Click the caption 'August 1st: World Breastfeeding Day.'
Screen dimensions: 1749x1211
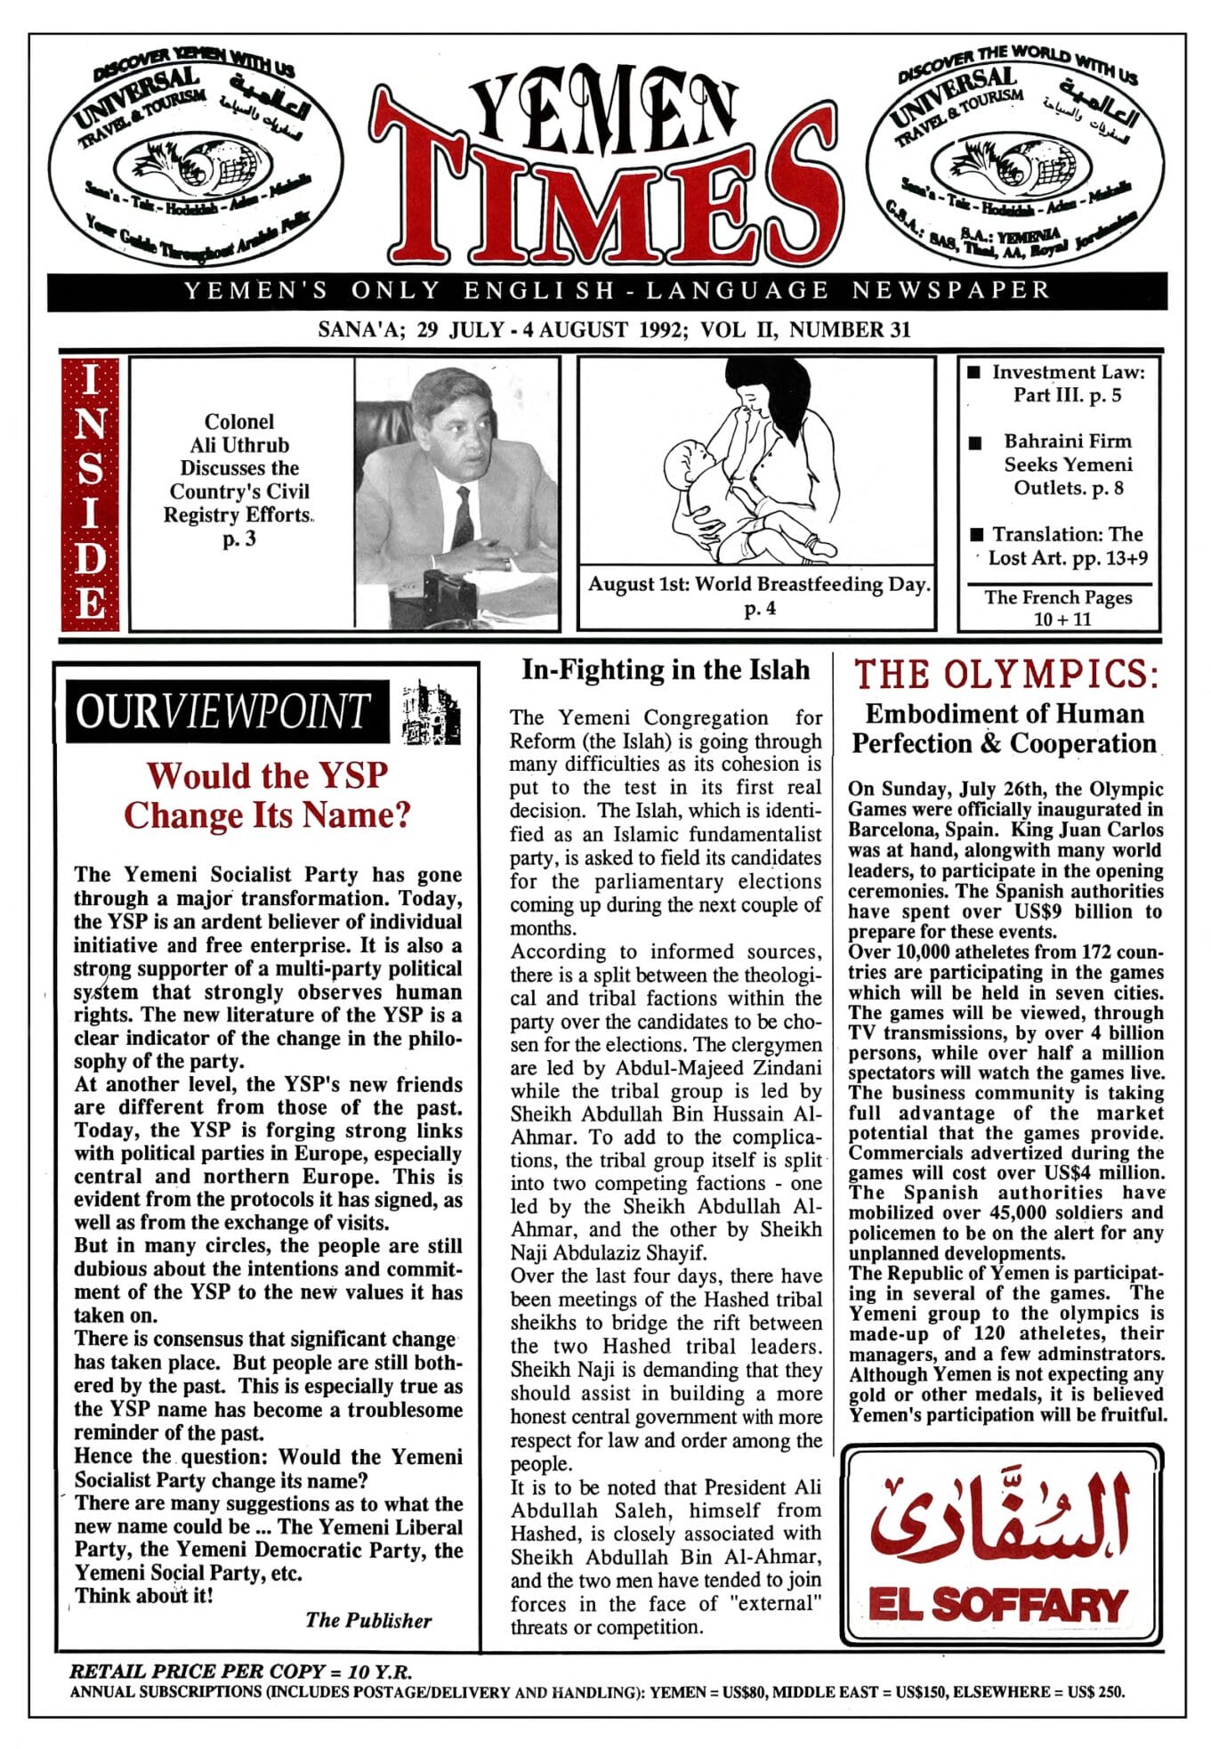(x=758, y=585)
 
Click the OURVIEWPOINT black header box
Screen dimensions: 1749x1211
(x=228, y=711)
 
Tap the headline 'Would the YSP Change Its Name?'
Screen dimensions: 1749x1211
(x=267, y=795)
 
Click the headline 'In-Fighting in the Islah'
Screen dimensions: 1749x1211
(x=666, y=669)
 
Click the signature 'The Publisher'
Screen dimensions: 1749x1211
(x=368, y=1621)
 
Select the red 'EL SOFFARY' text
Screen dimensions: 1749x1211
(x=998, y=1606)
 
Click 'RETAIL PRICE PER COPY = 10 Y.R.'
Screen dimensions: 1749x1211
(x=240, y=1672)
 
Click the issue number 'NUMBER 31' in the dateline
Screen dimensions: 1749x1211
(x=850, y=330)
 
